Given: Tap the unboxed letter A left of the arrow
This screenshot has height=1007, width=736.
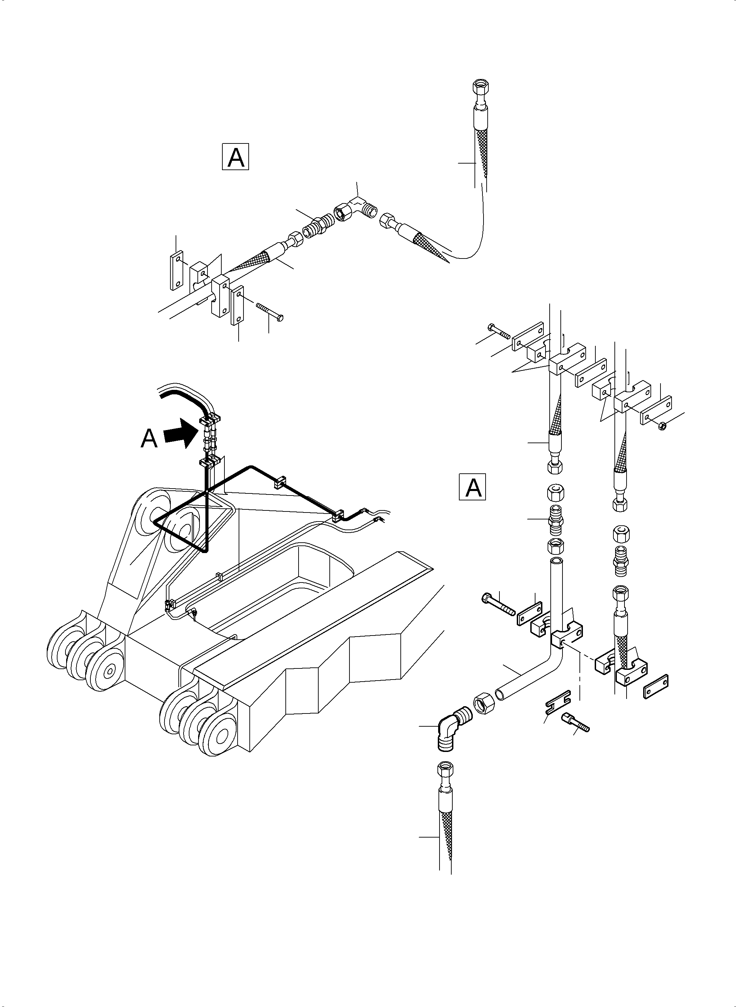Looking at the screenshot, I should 149,439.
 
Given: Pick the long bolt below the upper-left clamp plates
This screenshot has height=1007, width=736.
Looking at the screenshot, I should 270,311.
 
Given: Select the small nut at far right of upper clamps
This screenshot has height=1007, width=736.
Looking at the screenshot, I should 662,426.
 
